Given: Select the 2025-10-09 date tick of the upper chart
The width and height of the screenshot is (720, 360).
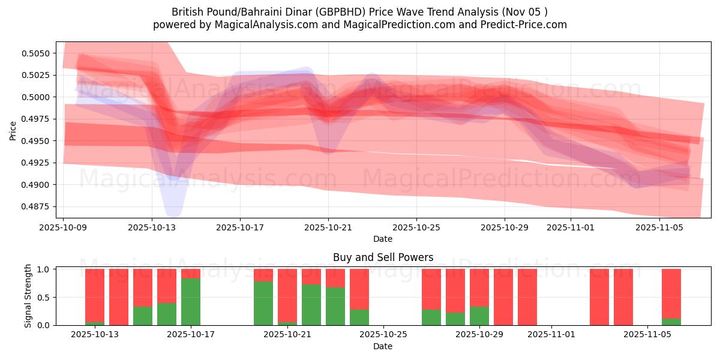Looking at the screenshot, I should [x=64, y=228].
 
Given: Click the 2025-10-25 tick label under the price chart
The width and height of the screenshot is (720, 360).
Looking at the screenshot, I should [x=416, y=228].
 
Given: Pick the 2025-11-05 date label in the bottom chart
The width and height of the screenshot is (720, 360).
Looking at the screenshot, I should [x=647, y=334].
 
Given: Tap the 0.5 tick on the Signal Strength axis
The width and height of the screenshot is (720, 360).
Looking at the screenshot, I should [x=46, y=298].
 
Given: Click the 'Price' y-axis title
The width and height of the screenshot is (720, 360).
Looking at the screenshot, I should [x=13, y=130].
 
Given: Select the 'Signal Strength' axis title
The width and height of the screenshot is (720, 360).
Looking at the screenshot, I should [x=28, y=296].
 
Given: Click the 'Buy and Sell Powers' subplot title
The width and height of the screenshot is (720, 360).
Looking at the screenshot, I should [x=383, y=257].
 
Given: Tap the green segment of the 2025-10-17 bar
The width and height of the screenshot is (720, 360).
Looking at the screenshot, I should [x=191, y=302].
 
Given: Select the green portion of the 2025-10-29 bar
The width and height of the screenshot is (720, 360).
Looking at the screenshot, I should [x=479, y=316].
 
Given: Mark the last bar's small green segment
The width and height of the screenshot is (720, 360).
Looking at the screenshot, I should [x=671, y=322].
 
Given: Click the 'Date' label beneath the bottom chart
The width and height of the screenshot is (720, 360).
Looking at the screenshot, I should [x=383, y=346].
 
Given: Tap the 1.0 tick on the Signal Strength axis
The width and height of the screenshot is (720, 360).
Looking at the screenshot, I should [x=46, y=269].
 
